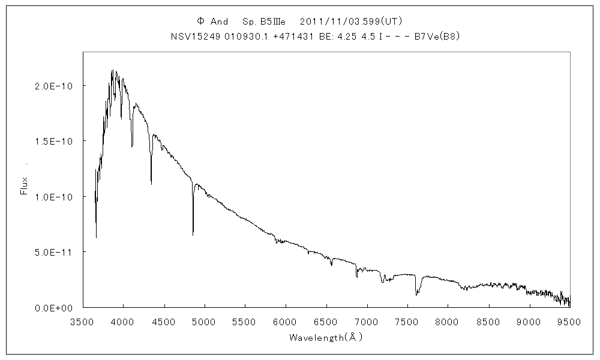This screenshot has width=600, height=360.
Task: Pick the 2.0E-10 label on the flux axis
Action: pyautogui.click(x=55, y=86)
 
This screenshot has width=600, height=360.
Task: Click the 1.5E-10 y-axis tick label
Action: pyautogui.click(x=55, y=141)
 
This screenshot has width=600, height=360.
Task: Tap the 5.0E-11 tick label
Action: pyautogui.click(x=55, y=252)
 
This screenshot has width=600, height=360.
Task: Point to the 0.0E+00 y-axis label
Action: pyautogui.click(x=55, y=307)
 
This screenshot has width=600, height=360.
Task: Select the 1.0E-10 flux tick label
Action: pyautogui.click(x=55, y=197)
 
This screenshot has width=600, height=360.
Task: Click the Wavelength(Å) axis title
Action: pyautogui.click(x=326, y=337)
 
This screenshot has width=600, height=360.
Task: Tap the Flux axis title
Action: pyautogui.click(x=25, y=185)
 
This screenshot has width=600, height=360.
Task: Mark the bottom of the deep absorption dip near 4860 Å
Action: pyautogui.click(x=193, y=235)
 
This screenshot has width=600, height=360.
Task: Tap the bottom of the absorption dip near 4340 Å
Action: pyautogui.click(x=151, y=184)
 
